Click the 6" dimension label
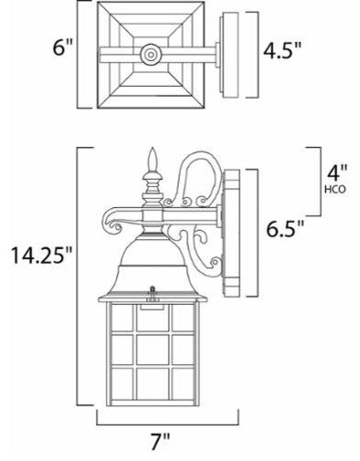(63, 47)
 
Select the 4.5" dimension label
(282, 50)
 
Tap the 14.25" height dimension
(42, 255)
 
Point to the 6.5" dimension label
(285, 228)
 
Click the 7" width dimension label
(161, 441)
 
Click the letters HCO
(335, 190)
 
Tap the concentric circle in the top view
(151, 55)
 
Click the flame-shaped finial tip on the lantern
(153, 159)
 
